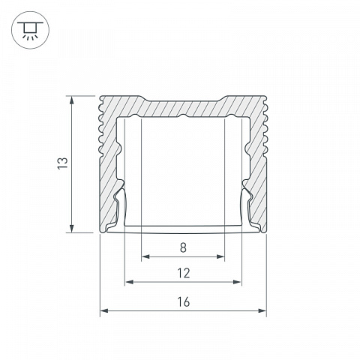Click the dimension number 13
tap(63, 163)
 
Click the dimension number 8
tap(183, 247)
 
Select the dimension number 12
tap(184, 273)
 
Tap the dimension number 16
tap(184, 301)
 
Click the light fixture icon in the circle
tap(30, 30)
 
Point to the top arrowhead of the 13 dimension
tap(72, 100)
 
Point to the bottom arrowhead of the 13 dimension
tap(72, 228)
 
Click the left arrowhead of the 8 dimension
tap(145, 256)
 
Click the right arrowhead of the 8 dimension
tap(220, 256)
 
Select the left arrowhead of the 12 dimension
tap(129, 282)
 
